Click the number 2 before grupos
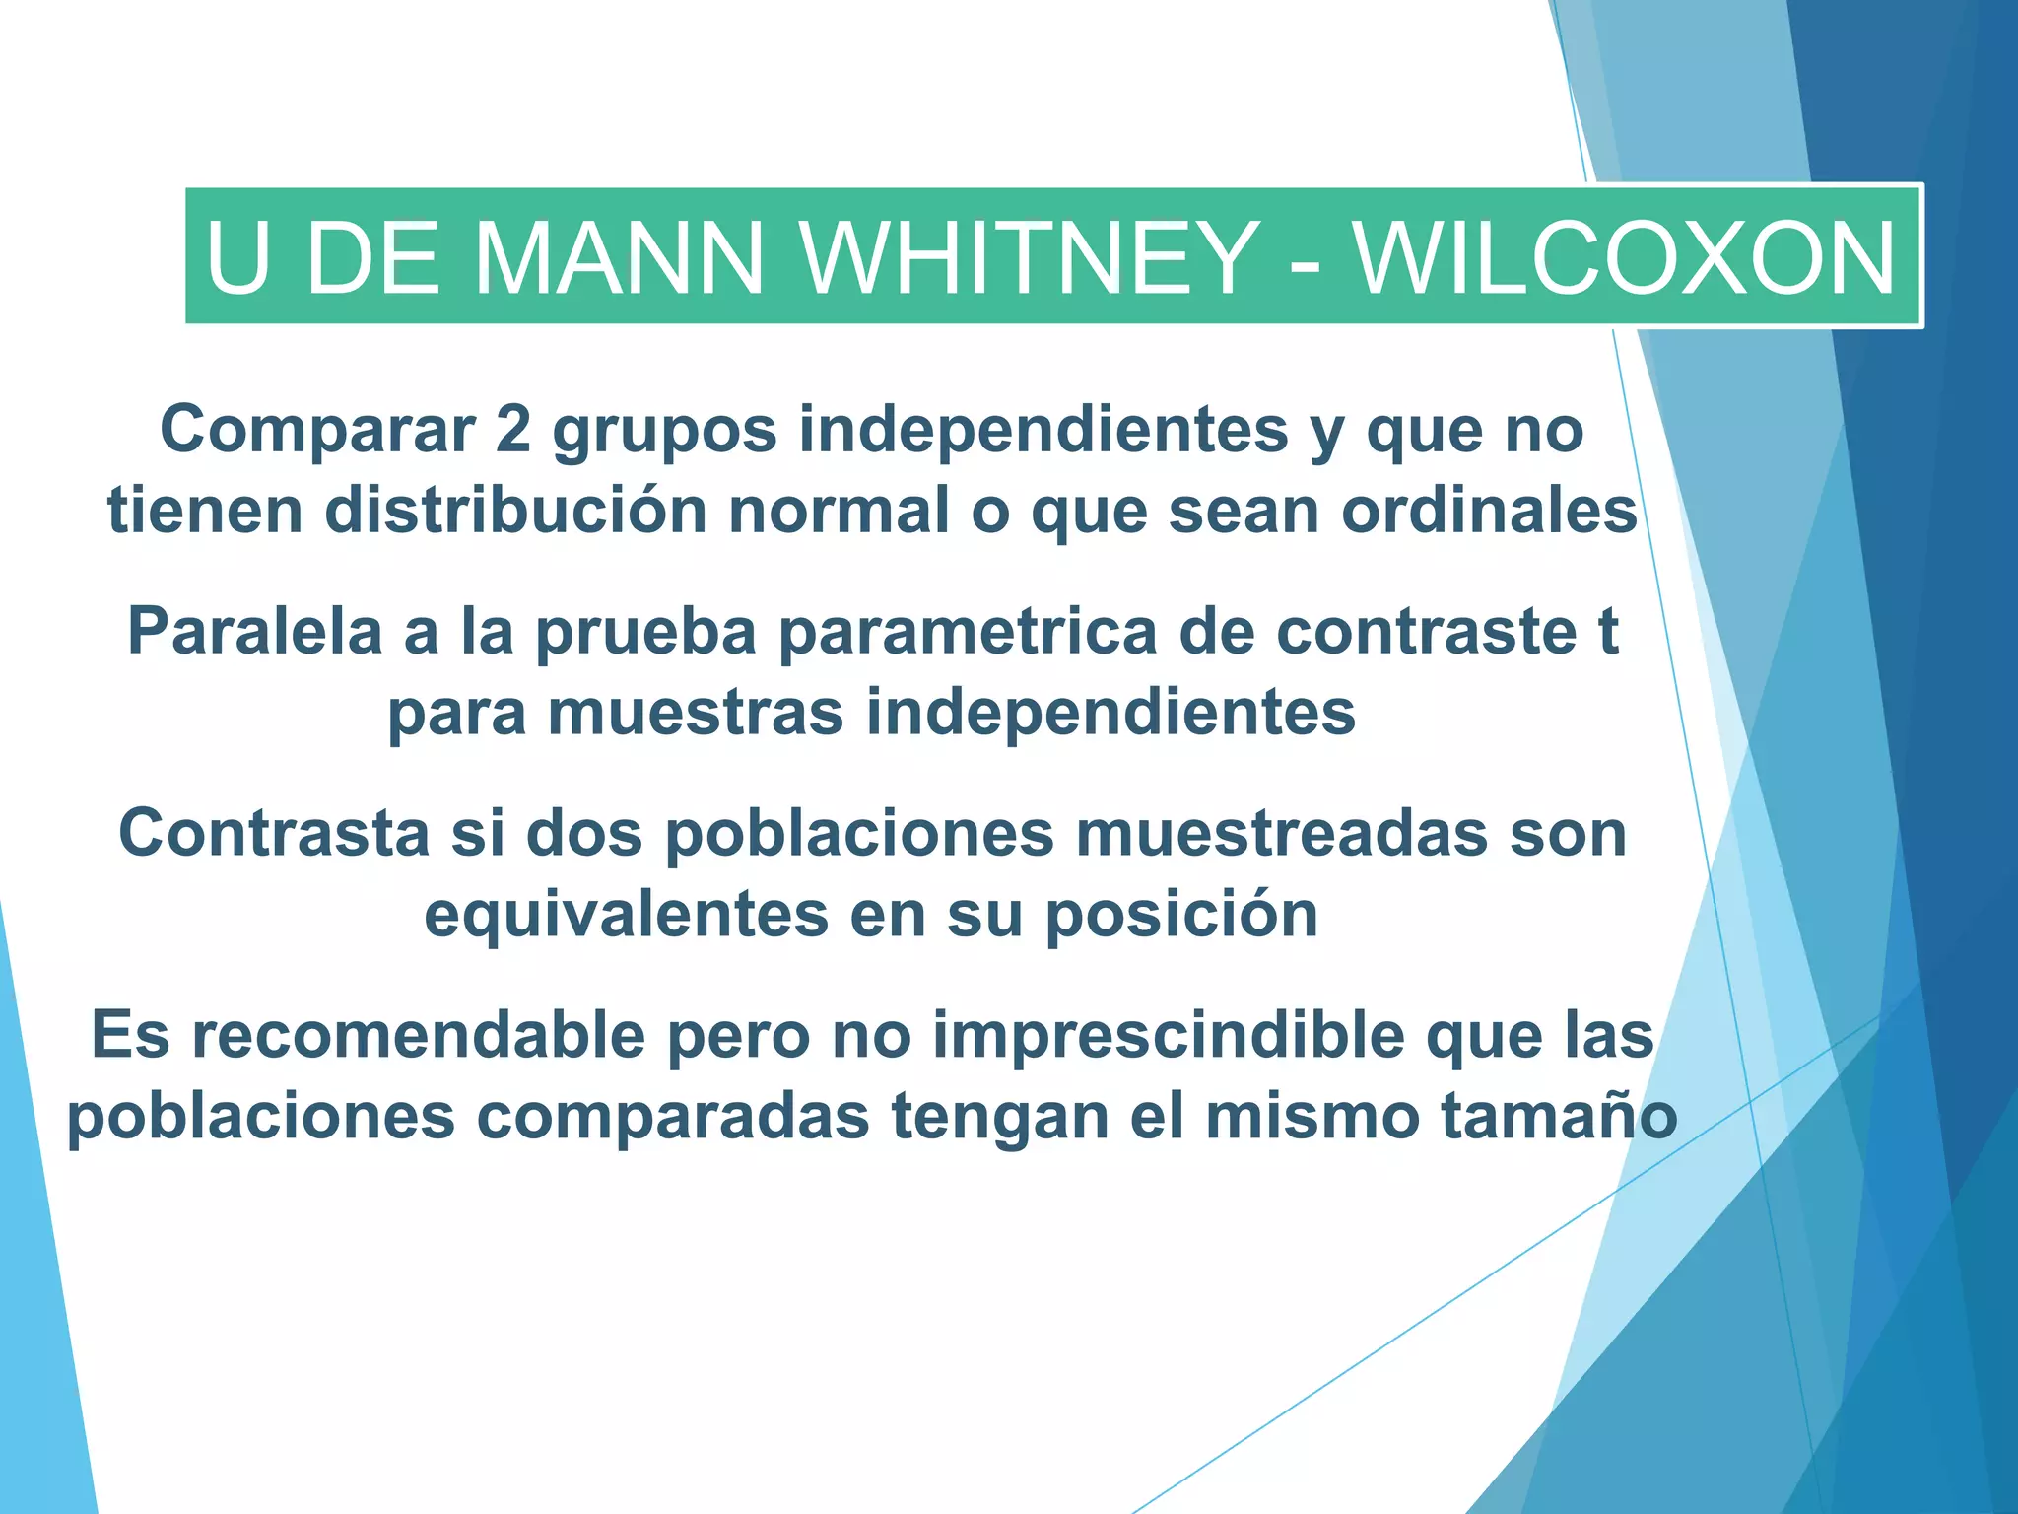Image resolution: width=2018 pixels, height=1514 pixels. pyautogui.click(x=512, y=430)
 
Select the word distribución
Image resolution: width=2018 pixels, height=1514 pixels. pyautogui.click(x=515, y=511)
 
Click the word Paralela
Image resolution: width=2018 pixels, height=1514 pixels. pyautogui.click(x=254, y=631)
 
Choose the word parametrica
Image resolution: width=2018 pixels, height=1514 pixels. pyautogui.click(x=967, y=633)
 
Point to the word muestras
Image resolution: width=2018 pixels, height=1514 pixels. pyautogui.click(x=696, y=712)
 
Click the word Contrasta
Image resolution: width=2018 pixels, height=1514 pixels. pyautogui.click(x=274, y=833)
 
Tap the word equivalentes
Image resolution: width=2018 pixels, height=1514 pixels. pyautogui.click(x=626, y=915)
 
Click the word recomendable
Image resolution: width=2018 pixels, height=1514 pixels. pyautogui.click(x=418, y=1035)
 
